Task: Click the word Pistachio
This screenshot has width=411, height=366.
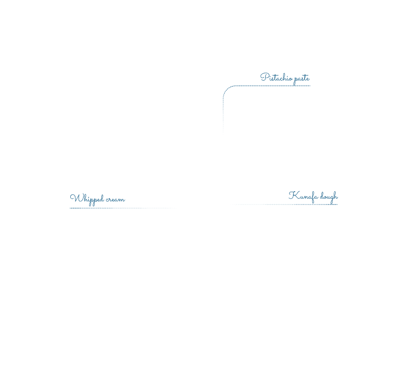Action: coord(276,77)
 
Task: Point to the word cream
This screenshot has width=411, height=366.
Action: coord(116,200)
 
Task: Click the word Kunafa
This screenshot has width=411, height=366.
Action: coord(303,196)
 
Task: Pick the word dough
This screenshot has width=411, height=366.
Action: coord(329,197)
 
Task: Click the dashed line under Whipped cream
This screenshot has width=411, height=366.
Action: coord(123,208)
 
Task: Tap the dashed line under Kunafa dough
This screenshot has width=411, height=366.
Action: coord(284,205)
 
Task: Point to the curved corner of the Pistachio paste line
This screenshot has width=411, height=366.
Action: coord(227,89)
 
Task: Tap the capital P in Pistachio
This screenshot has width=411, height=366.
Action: coord(264,77)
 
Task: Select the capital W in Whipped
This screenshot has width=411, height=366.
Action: coord(75,198)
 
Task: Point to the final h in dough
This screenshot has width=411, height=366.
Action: coord(335,196)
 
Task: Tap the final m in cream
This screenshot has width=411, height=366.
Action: coord(122,200)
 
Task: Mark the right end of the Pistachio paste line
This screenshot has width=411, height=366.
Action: coord(310,86)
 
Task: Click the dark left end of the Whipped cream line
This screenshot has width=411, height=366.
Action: coord(70,208)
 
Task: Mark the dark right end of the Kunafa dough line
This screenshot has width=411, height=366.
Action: coord(337,205)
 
